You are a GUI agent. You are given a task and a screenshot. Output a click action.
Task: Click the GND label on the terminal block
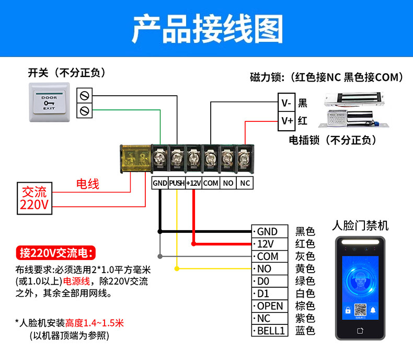click(159, 183)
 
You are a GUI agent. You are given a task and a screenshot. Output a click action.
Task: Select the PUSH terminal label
click(177, 183)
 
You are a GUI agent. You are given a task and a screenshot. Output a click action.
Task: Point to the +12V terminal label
click(193, 183)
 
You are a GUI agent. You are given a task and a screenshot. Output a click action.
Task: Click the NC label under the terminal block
click(245, 183)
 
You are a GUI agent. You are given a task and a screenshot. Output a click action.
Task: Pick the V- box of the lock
click(286, 103)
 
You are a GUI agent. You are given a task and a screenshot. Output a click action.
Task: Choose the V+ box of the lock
click(286, 121)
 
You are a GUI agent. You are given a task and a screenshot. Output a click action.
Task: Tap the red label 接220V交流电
click(56, 253)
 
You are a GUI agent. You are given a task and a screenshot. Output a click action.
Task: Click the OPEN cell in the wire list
click(270, 306)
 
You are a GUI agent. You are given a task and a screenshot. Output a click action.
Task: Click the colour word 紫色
click(305, 318)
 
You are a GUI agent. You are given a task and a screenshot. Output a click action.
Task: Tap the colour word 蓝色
click(305, 331)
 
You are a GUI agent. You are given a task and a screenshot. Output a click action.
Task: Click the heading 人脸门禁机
click(361, 226)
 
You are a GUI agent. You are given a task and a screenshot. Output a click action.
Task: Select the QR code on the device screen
click(360, 310)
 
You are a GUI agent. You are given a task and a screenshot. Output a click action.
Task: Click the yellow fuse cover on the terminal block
click(133, 158)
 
